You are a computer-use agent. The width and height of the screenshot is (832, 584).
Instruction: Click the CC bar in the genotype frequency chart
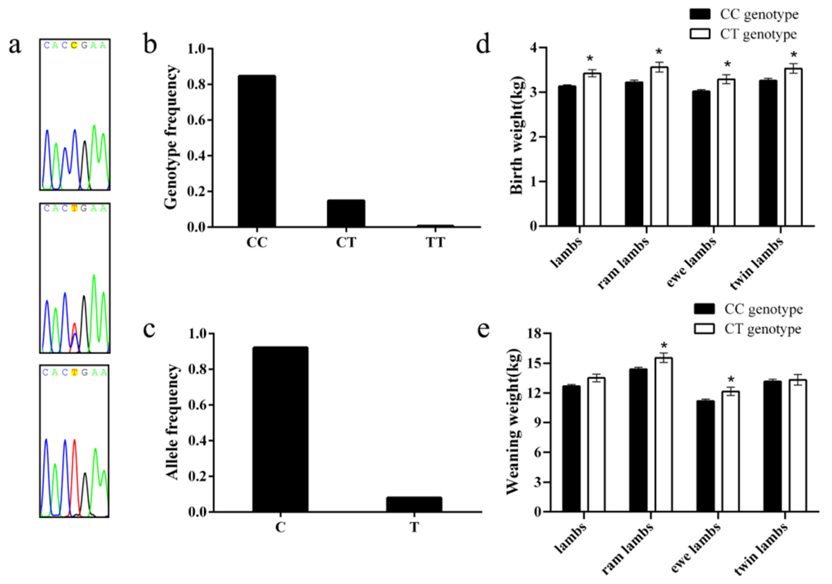(x=257, y=151)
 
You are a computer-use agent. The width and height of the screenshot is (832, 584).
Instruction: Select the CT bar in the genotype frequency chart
(x=346, y=213)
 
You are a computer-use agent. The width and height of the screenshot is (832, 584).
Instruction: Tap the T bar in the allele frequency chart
(x=414, y=504)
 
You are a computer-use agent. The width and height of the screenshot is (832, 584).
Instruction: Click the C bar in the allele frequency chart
(x=280, y=429)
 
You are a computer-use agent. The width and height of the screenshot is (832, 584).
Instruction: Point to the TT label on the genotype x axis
(x=435, y=242)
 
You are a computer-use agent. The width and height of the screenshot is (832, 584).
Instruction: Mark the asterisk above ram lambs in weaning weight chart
(x=664, y=345)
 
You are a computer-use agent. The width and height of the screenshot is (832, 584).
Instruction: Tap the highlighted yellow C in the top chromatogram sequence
(x=74, y=45)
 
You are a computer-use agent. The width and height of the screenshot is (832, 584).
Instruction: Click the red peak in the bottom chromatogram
(x=75, y=471)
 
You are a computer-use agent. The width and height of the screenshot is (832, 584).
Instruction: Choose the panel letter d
(x=483, y=45)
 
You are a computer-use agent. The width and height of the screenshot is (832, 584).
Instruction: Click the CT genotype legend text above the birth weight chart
(x=759, y=34)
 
